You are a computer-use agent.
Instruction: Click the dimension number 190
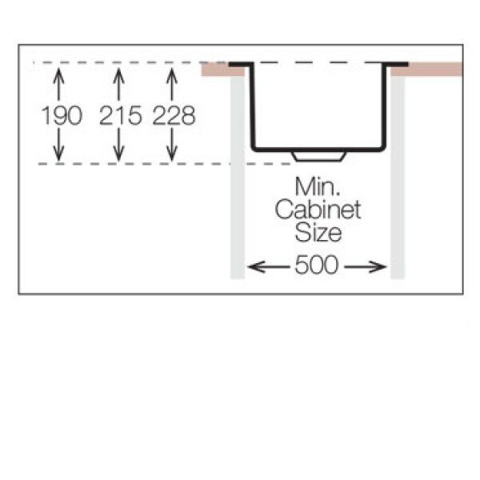click(62, 116)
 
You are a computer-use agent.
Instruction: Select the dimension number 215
click(120, 116)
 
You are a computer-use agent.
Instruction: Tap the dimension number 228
click(174, 116)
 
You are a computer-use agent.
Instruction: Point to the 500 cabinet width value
click(316, 266)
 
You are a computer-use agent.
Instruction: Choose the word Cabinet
click(318, 211)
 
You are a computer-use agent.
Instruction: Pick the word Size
click(318, 234)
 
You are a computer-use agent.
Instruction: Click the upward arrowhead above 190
click(58, 74)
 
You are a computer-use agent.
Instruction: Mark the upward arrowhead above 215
click(119, 74)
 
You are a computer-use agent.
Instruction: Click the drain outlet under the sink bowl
click(318, 154)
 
